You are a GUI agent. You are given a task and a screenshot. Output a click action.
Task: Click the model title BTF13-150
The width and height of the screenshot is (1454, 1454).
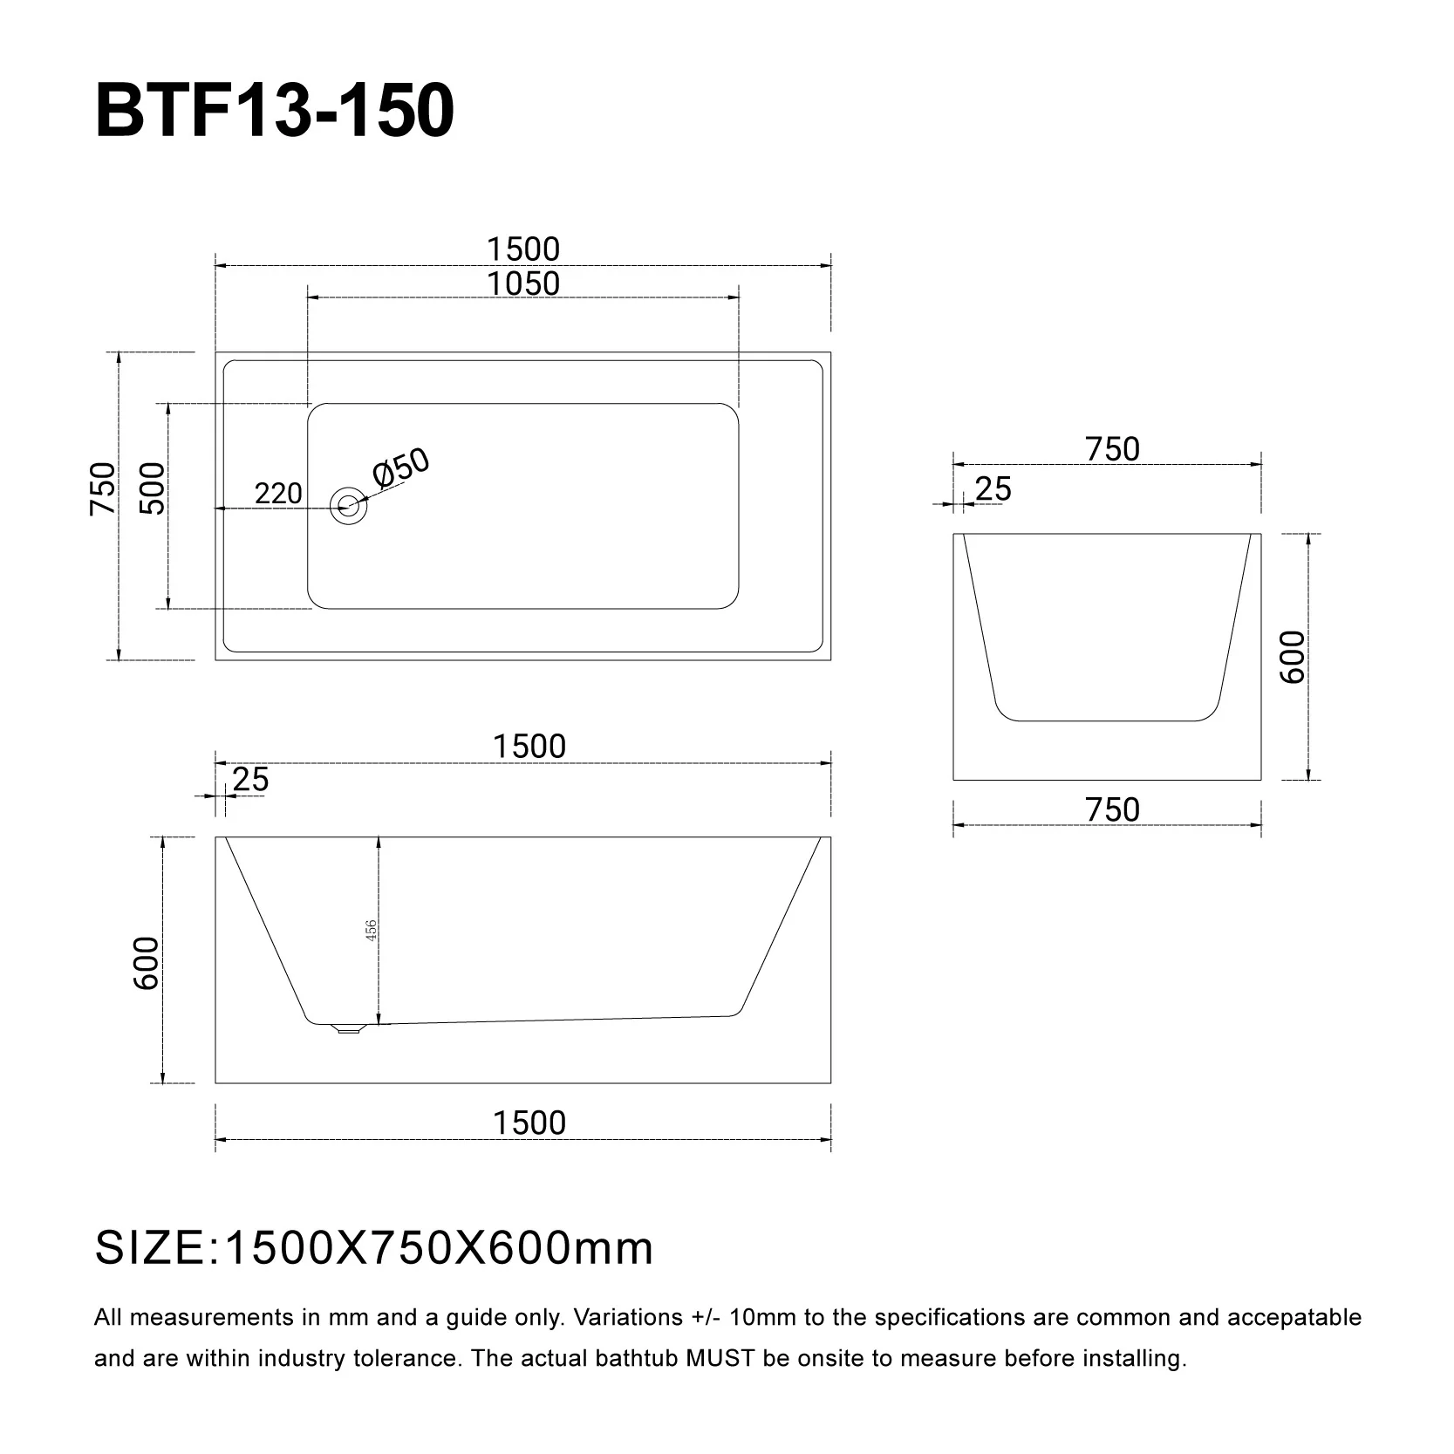click(274, 112)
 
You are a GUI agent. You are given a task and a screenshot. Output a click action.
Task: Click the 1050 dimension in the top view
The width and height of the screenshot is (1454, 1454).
click(523, 283)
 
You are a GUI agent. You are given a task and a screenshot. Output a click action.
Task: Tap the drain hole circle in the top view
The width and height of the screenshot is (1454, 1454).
click(348, 505)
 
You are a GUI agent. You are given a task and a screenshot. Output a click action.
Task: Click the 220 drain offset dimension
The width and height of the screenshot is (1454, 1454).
click(278, 494)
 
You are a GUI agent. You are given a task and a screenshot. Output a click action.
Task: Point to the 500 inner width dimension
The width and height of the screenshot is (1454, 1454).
click(153, 488)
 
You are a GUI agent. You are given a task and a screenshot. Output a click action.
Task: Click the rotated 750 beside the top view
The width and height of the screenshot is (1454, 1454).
click(103, 488)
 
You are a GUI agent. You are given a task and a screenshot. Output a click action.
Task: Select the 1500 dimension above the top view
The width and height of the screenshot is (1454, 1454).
click(523, 249)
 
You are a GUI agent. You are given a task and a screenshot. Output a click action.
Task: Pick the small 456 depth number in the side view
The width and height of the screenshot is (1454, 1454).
click(371, 931)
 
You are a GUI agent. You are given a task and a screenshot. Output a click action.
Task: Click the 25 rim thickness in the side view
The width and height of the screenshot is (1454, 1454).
click(251, 779)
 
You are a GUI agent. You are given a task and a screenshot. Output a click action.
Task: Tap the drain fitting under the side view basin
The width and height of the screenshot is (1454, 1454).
click(348, 1028)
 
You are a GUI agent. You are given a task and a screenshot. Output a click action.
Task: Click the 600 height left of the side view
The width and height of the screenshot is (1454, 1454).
click(147, 963)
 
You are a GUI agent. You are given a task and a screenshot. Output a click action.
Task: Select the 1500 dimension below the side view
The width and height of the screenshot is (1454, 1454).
click(529, 1123)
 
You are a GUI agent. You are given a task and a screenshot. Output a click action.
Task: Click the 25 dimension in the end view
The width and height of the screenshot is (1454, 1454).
click(993, 489)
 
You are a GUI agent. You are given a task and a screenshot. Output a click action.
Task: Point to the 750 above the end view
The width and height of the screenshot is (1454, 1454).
click(1113, 449)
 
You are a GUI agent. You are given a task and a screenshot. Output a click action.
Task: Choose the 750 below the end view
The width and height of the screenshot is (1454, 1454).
click(1113, 810)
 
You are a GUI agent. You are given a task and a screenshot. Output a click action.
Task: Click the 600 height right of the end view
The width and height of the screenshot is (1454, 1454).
click(1293, 657)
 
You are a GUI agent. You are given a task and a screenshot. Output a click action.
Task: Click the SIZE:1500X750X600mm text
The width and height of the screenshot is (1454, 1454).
click(374, 1248)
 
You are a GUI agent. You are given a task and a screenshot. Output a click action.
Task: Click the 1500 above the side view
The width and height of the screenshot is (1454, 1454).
click(529, 747)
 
